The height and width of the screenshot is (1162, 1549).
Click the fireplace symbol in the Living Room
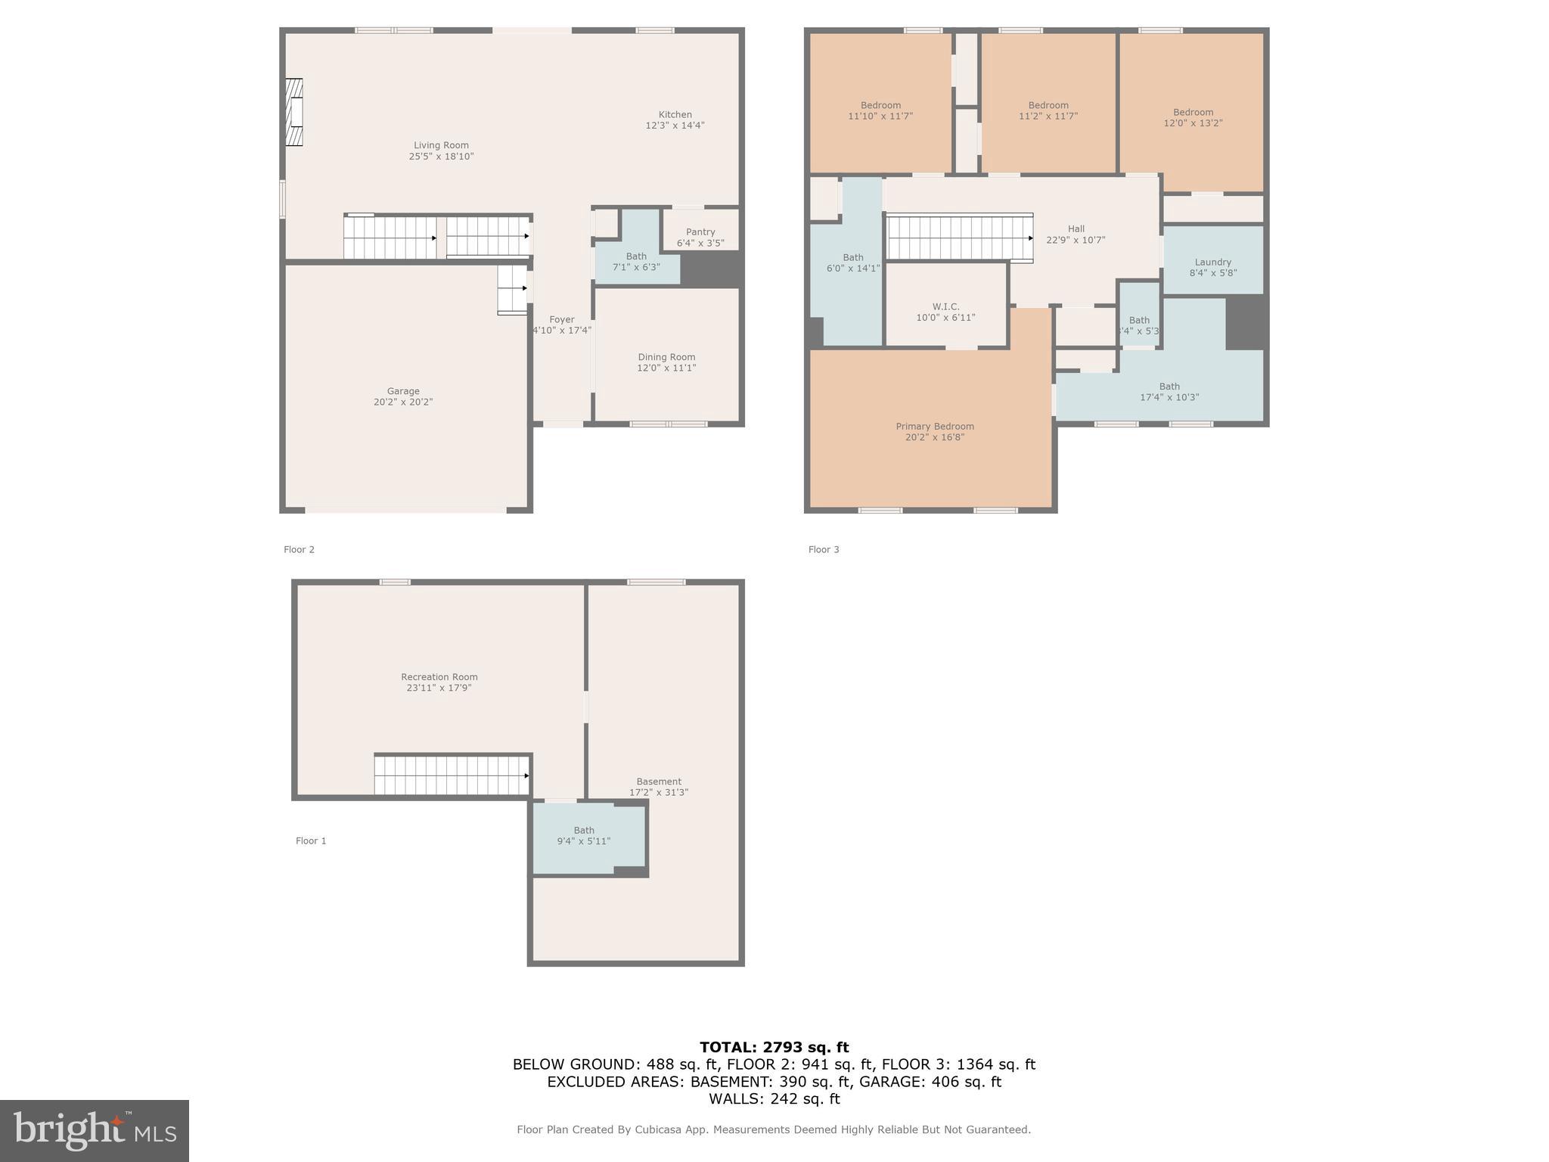[x=294, y=112]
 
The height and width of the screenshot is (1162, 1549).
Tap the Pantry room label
[x=700, y=232]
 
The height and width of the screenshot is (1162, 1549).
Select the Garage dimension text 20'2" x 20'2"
[x=403, y=402]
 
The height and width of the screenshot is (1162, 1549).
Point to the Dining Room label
[x=666, y=357]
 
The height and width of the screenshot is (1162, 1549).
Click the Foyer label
[x=562, y=320]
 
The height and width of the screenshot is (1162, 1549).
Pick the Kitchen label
[x=675, y=115]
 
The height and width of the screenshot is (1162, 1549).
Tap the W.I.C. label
[x=945, y=306]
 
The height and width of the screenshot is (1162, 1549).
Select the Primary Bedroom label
[x=935, y=427]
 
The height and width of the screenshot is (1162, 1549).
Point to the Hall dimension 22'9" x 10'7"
[x=1076, y=241]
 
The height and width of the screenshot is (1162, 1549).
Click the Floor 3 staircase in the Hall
[x=959, y=238]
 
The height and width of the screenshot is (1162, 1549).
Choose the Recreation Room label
[x=439, y=677]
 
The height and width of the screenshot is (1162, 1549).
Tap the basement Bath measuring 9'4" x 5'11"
[x=584, y=835]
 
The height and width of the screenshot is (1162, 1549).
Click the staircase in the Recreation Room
[x=452, y=775]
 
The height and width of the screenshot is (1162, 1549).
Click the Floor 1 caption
[x=311, y=840]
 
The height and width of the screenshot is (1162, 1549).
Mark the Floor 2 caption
[x=299, y=550]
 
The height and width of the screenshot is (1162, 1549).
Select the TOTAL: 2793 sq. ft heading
[x=774, y=1047]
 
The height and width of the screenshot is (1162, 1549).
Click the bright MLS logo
[x=95, y=1130]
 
